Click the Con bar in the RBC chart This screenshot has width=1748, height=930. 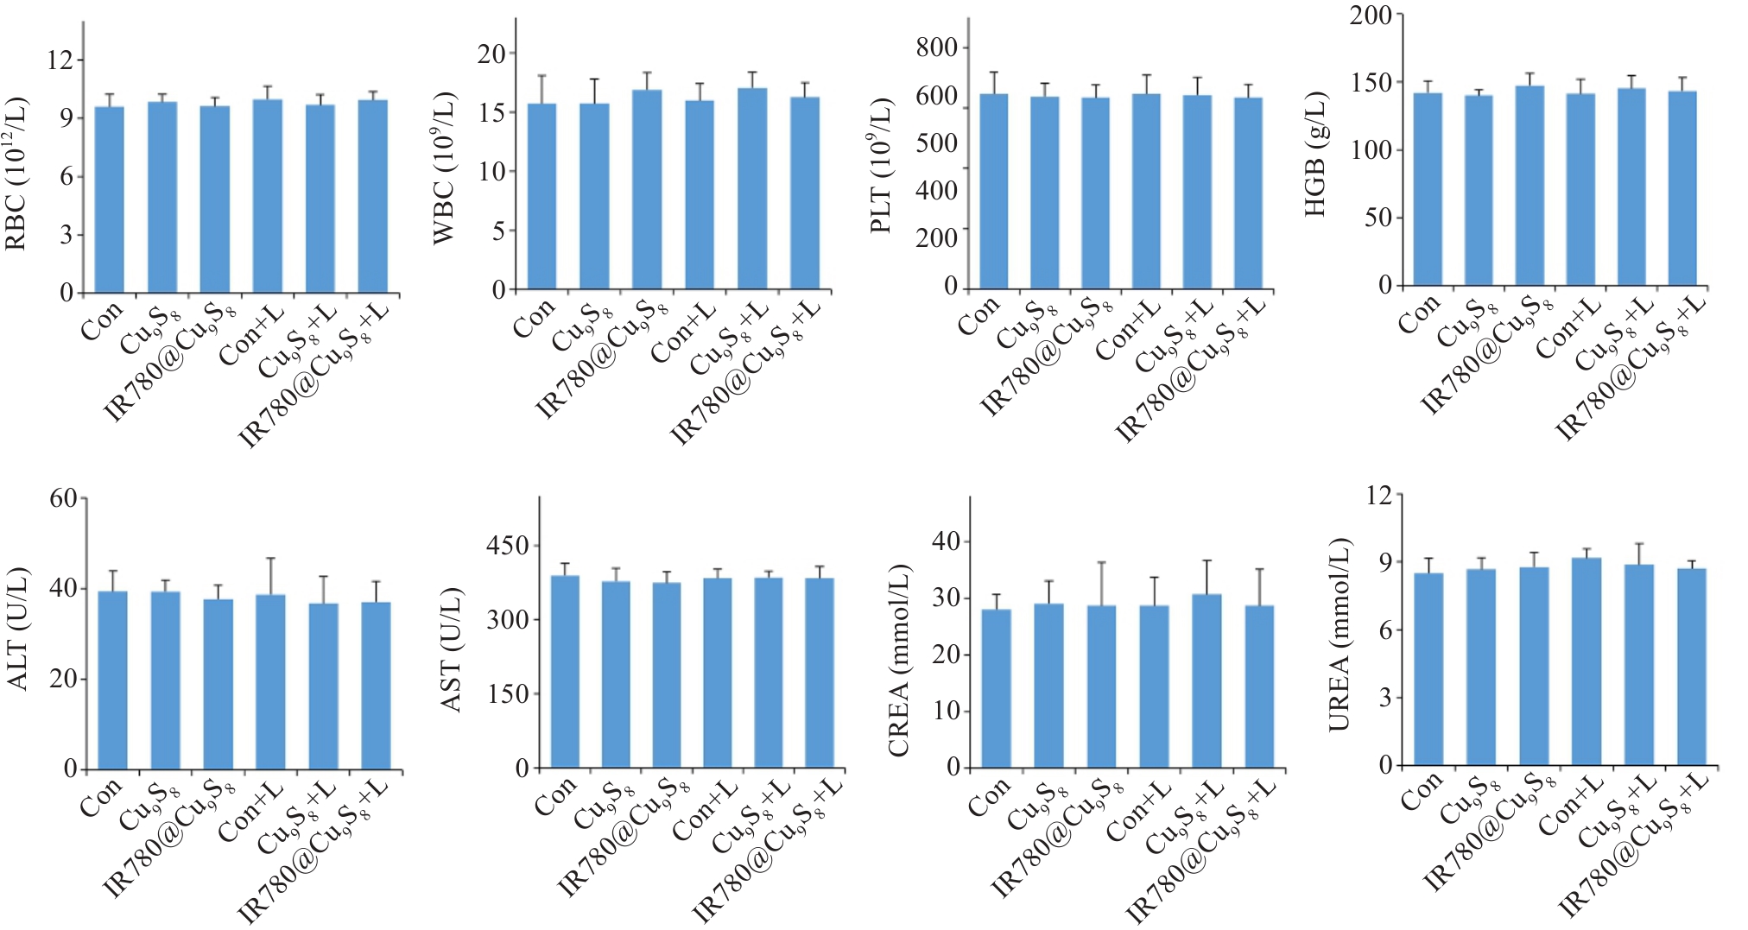pyautogui.click(x=109, y=199)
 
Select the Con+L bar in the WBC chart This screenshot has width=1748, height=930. pyautogui.click(x=700, y=195)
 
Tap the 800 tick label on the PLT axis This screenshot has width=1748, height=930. pyautogui.click(x=937, y=48)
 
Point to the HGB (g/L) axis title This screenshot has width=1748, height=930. pyautogui.click(x=1315, y=154)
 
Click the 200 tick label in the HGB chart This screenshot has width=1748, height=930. pyautogui.click(x=1371, y=16)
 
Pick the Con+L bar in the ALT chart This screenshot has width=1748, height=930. pyautogui.click(x=270, y=681)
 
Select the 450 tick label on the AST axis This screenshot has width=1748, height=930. pyautogui.click(x=507, y=546)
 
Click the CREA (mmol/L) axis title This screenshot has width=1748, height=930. pyautogui.click(x=899, y=661)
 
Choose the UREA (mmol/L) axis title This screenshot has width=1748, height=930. pyautogui.click(x=1339, y=635)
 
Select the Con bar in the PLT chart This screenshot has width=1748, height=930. pyautogui.click(x=994, y=192)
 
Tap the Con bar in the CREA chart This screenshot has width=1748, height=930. pyautogui.click(x=997, y=688)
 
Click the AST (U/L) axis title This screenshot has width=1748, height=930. pyautogui.click(x=452, y=649)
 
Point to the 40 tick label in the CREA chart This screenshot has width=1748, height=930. pyautogui.click(x=947, y=541)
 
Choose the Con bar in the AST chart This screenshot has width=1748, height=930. pyautogui.click(x=565, y=672)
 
